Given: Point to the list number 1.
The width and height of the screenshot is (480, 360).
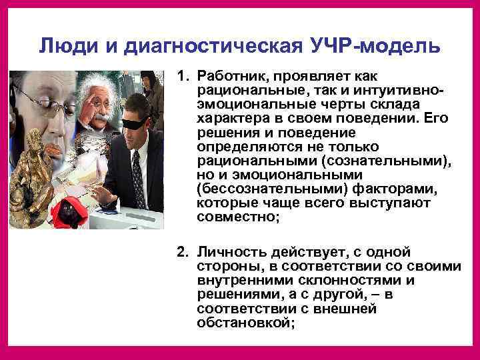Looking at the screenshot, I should point(181,77).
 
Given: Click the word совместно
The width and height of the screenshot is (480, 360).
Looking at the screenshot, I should point(234,216).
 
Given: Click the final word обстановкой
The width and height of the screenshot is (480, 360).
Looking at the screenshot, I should point(245,323).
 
